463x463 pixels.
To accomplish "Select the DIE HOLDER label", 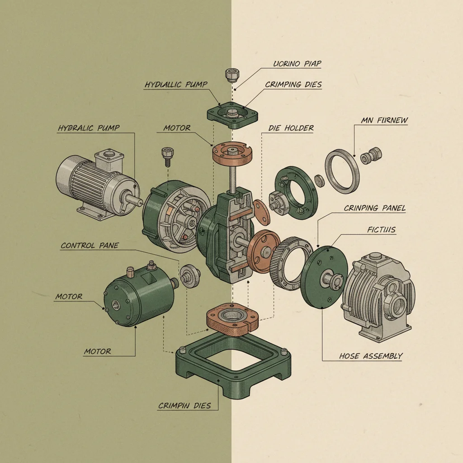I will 291,128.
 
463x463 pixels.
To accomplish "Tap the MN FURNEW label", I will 384,120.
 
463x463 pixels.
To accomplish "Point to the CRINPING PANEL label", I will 374,208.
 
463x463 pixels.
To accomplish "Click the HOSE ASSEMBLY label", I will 370,356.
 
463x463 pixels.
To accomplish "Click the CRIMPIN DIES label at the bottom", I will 184,406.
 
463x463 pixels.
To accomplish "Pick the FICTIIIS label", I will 382,230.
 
